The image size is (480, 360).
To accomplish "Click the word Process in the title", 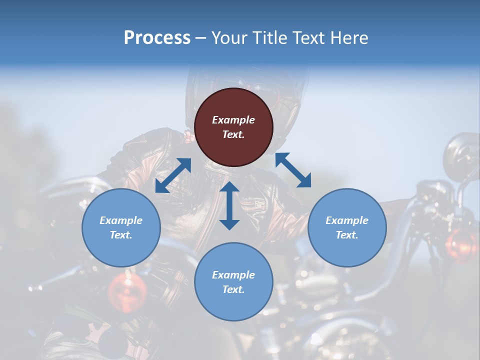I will point(157,38).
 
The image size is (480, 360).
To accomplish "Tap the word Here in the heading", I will point(348,38).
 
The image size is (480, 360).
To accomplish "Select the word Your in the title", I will point(228,38).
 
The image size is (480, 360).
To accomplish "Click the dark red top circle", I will point(233,127).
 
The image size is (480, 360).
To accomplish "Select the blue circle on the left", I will point(121,227).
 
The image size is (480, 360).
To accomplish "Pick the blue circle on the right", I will point(347,227).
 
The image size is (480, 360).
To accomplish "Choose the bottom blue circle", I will point(233,282).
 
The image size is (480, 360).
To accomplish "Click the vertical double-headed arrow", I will point(229,205).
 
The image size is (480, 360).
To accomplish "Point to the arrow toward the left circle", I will point(173,175).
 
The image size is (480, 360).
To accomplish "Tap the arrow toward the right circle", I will point(293,170).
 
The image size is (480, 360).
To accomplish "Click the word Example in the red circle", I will point(233,120).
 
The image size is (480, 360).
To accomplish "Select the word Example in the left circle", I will point(121,220).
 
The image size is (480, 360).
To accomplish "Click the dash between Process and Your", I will point(200,38).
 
